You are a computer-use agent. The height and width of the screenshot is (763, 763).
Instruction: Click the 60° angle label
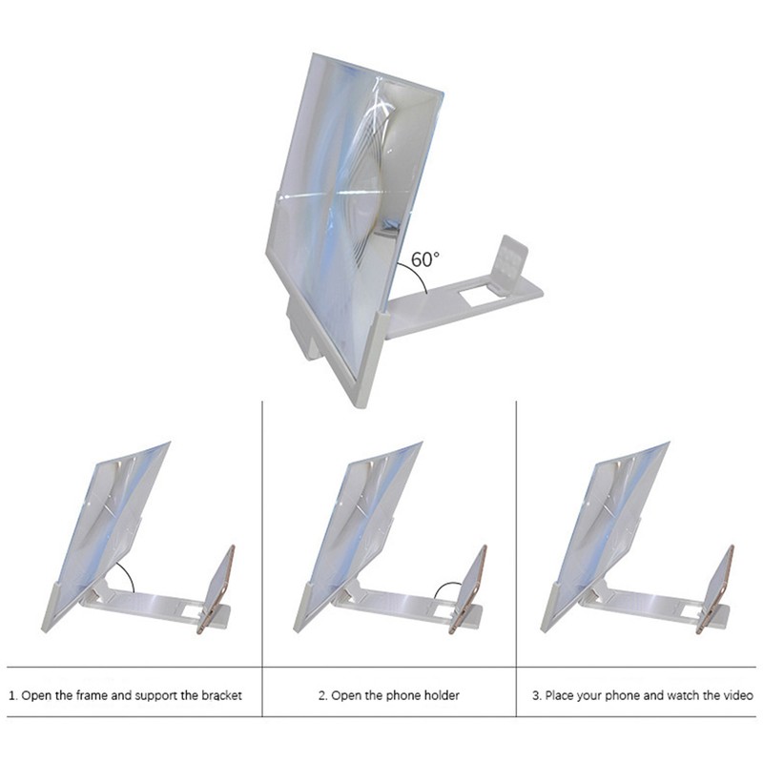coord(425,258)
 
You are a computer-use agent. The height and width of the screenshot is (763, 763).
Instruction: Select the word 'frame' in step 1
coord(93,695)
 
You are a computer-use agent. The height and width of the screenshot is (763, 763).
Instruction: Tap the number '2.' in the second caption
coord(323,695)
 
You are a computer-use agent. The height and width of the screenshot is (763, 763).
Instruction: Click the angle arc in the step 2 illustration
coord(445,589)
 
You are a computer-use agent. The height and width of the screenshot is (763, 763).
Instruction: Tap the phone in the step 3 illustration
coord(717,587)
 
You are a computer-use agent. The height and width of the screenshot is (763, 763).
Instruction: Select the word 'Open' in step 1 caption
coord(35,695)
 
